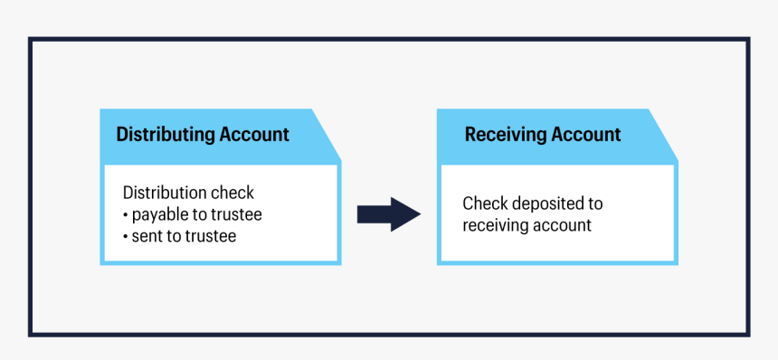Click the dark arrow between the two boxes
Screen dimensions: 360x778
[389, 214]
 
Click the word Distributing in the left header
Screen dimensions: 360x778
[166, 135]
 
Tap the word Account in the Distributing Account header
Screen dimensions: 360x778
[255, 135]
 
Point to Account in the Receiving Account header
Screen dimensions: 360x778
[587, 135]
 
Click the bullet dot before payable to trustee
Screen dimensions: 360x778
[126, 215]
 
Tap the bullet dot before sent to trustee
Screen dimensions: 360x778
[126, 237]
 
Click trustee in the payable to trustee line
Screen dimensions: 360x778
[234, 214]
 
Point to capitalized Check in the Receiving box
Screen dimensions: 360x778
[481, 204]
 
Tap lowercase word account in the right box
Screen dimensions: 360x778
[563, 225]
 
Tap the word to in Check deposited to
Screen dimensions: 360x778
[593, 204]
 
